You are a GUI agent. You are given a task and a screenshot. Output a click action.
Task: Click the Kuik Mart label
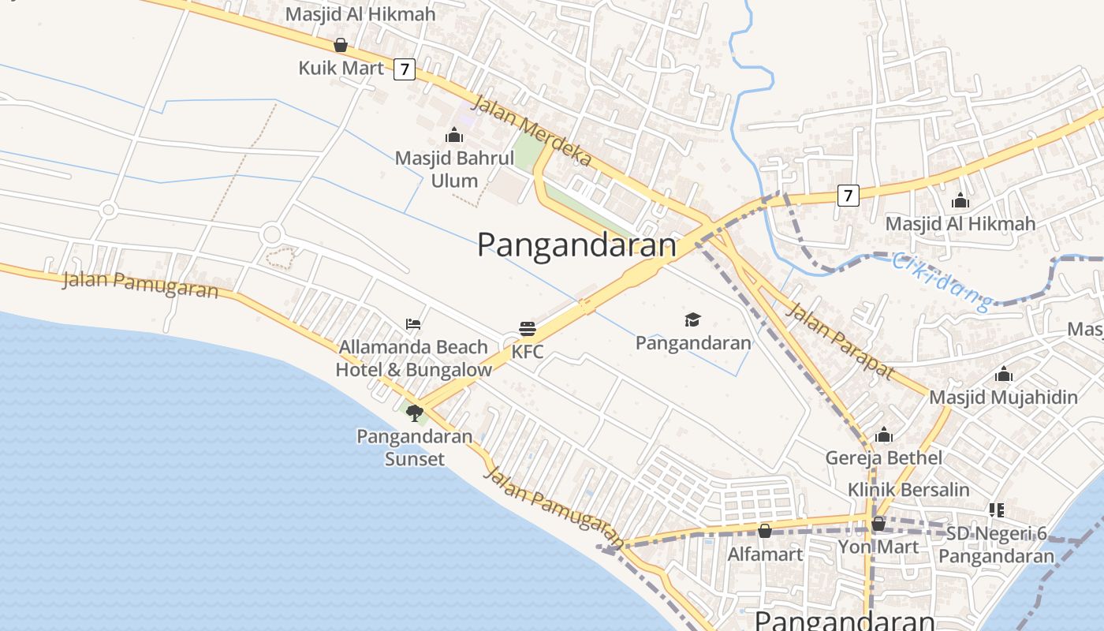pos(341,68)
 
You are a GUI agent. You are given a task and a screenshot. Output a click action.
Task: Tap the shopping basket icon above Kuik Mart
pos(341,45)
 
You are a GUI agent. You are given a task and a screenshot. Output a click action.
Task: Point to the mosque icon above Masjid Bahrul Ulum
pos(454,135)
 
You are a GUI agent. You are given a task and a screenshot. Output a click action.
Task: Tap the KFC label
pos(528,352)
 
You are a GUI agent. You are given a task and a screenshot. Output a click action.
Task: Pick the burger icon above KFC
pos(528,329)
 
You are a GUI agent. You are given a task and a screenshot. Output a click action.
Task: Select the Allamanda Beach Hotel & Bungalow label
pos(413,358)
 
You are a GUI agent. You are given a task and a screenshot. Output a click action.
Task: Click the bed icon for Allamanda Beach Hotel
pos(413,323)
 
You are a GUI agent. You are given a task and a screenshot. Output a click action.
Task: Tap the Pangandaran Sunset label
pos(415,447)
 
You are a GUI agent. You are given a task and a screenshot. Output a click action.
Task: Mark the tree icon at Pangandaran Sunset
pos(415,413)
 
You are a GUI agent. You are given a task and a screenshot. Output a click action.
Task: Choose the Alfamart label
pos(765,554)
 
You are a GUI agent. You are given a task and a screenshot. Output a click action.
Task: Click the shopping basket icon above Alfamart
pos(765,531)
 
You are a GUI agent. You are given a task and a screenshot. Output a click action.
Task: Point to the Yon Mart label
pos(878,547)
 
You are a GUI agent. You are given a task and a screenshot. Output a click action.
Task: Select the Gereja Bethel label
pos(884,457)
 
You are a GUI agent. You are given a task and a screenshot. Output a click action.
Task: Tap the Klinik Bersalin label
pos(908,490)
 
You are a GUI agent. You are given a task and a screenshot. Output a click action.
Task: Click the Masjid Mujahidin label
pos(1003,397)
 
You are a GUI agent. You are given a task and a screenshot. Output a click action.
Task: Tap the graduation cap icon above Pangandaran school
pos(692,319)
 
